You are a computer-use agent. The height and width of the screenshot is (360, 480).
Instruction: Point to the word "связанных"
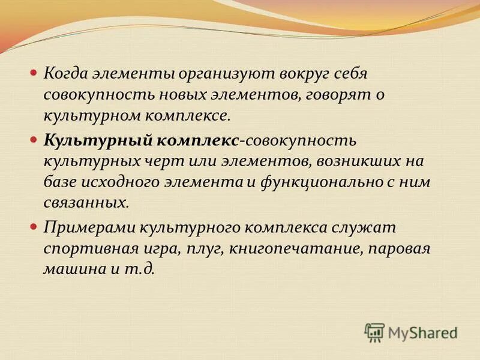(x=85, y=202)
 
